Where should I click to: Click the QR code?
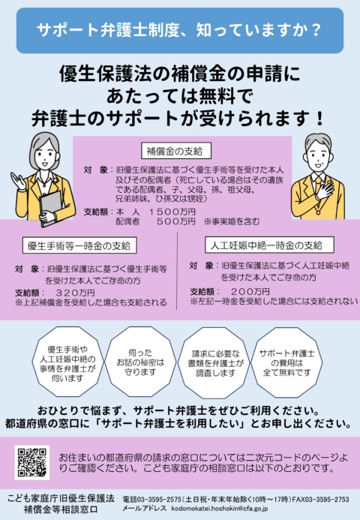coord(32,462)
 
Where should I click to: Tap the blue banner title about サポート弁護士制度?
coord(179,30)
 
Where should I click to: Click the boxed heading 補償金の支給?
coord(176,152)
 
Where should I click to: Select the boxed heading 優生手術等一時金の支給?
coord(79,245)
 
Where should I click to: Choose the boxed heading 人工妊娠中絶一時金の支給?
coord(269,245)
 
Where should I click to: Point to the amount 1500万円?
coord(172,212)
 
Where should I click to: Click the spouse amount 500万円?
coord(176,221)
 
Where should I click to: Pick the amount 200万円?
coord(250,292)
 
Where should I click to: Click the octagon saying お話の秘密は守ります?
coord(140,362)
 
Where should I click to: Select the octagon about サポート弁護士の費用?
coord(287,362)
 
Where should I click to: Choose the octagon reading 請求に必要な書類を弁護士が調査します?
coord(215,362)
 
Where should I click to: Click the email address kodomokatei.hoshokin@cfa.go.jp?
coord(220,509)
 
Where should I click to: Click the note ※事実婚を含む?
coord(232,221)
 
